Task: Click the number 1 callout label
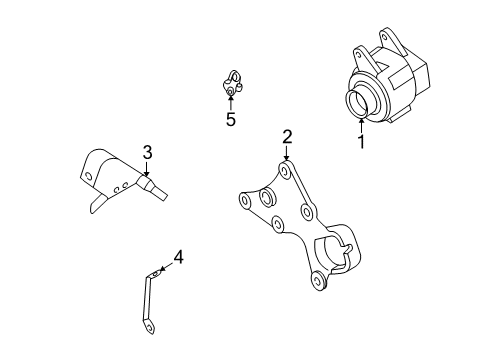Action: point(361,142)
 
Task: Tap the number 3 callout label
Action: point(146,152)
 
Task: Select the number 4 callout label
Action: point(178,259)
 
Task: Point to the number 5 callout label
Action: point(230,120)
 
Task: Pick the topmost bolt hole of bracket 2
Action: point(287,173)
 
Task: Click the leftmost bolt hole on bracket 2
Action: point(241,201)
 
